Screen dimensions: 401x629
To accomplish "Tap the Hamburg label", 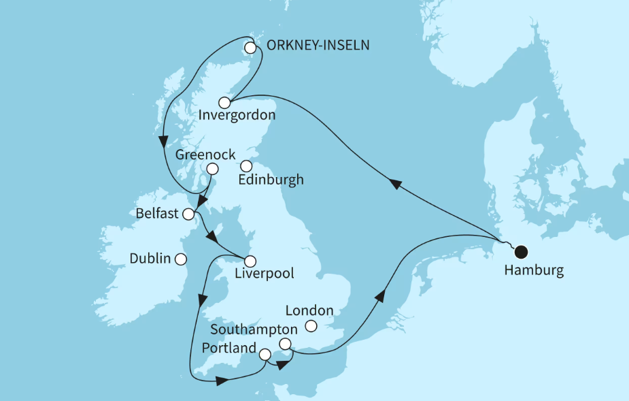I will tap(534, 271).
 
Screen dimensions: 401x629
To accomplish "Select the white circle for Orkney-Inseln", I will tap(251, 48).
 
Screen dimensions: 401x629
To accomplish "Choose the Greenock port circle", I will tap(213, 169).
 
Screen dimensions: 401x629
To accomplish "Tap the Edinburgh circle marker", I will tap(246, 165).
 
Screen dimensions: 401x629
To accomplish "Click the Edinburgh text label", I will tap(271, 180).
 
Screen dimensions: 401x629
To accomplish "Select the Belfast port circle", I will tap(189, 214).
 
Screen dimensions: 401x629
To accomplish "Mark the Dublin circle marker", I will tap(180, 259).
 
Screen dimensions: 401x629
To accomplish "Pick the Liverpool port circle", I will tap(250, 261).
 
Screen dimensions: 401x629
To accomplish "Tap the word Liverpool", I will tap(265, 274).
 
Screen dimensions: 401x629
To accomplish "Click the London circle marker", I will tap(311, 326).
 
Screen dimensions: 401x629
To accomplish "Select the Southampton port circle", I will tap(286, 344).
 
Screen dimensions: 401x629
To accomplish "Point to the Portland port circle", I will tap(265, 355).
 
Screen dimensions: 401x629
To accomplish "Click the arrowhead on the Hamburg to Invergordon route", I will tap(394, 183).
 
